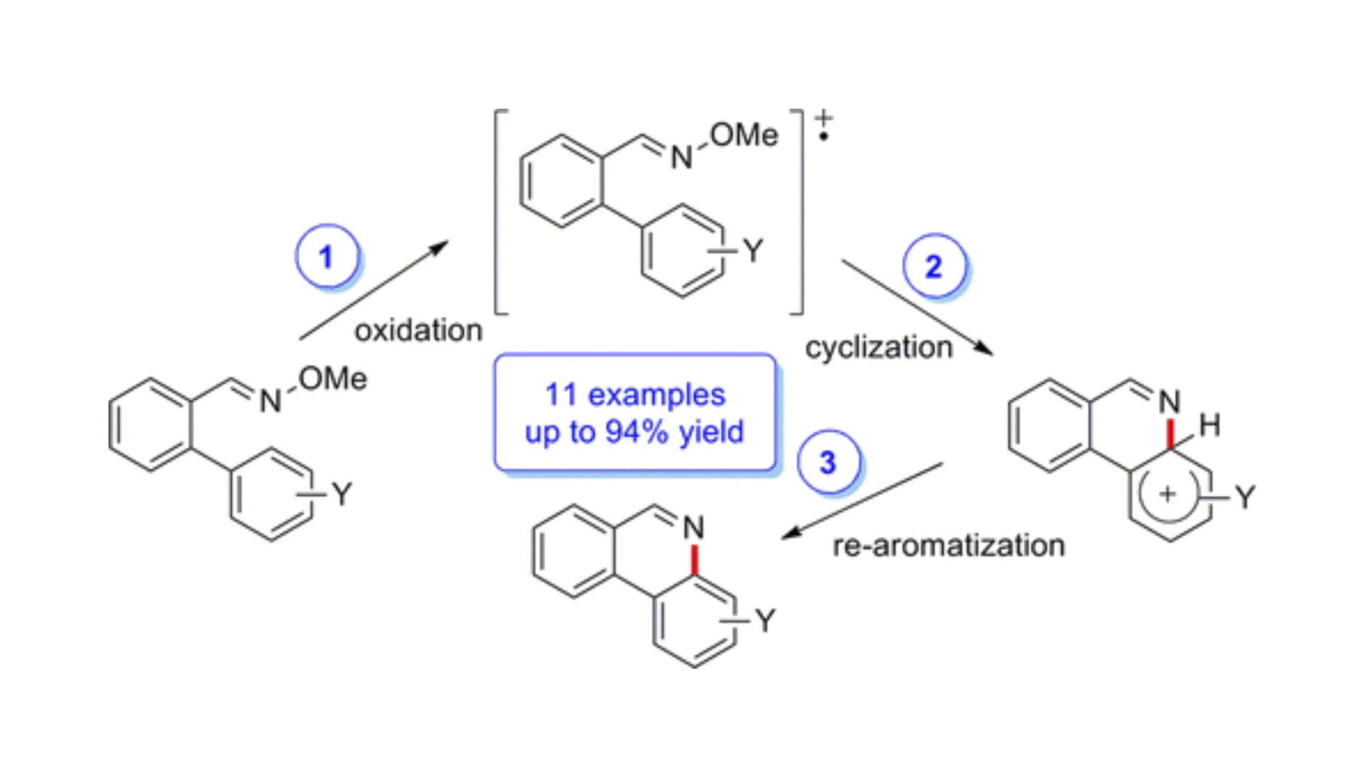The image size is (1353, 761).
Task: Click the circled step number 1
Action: click(326, 256)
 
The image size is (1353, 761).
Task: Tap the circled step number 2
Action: click(934, 266)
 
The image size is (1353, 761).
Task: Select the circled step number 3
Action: click(828, 462)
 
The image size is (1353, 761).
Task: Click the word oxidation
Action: click(418, 330)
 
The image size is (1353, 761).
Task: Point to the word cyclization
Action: click(879, 347)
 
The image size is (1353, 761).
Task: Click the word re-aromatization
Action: click(949, 546)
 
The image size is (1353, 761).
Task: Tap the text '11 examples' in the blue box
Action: click(635, 395)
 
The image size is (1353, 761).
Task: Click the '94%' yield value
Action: click(636, 432)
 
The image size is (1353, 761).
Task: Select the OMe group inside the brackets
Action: click(744, 135)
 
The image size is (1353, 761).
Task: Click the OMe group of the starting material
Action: click(333, 378)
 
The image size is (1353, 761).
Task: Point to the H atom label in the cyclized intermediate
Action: click(1210, 425)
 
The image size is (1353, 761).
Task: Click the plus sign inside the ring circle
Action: click(1167, 494)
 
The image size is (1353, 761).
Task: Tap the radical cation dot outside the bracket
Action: click(824, 137)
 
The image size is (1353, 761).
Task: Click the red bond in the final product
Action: click(695, 559)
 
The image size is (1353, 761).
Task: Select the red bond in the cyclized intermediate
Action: click(1170, 433)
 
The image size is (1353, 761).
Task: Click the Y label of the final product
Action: click(766, 620)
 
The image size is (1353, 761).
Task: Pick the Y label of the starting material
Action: click(342, 494)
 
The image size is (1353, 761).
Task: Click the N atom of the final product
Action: click(694, 528)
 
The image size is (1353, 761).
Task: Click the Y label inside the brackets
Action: click(753, 251)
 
